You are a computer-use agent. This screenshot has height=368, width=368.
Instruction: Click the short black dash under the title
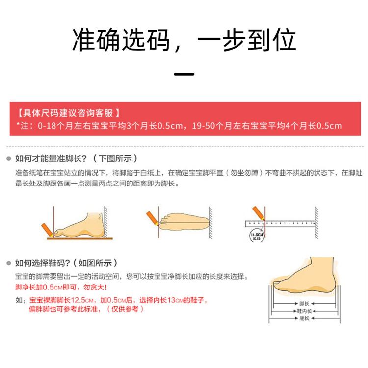point(184,75)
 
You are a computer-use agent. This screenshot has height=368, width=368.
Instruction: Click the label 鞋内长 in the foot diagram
point(304,311)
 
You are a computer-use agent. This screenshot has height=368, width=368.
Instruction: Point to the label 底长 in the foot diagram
point(304,319)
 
